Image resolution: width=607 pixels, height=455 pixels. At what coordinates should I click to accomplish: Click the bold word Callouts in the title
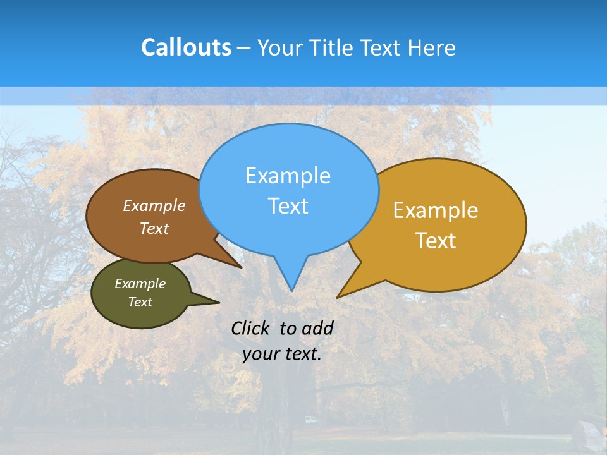[x=186, y=47]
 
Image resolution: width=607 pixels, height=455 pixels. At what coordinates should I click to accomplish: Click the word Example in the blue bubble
[x=288, y=176]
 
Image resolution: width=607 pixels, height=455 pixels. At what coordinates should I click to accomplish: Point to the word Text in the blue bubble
[x=288, y=206]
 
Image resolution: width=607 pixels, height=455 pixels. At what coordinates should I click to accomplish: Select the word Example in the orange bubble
[x=436, y=210]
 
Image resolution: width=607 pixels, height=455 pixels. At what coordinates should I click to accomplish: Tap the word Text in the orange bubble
[x=436, y=241]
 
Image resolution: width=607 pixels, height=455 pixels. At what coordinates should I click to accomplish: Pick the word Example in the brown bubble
[x=154, y=205]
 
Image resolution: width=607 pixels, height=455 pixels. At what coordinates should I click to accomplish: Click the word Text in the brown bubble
[x=154, y=228]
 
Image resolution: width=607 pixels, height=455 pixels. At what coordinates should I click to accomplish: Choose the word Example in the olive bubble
[x=140, y=284]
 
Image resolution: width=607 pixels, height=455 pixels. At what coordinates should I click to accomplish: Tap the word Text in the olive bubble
[x=140, y=302]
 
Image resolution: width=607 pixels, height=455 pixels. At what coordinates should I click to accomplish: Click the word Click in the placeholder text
[x=251, y=328]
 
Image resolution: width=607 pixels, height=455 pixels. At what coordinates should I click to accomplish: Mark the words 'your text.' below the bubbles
[x=282, y=354]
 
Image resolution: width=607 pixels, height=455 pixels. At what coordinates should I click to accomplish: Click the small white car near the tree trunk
[x=310, y=420]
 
